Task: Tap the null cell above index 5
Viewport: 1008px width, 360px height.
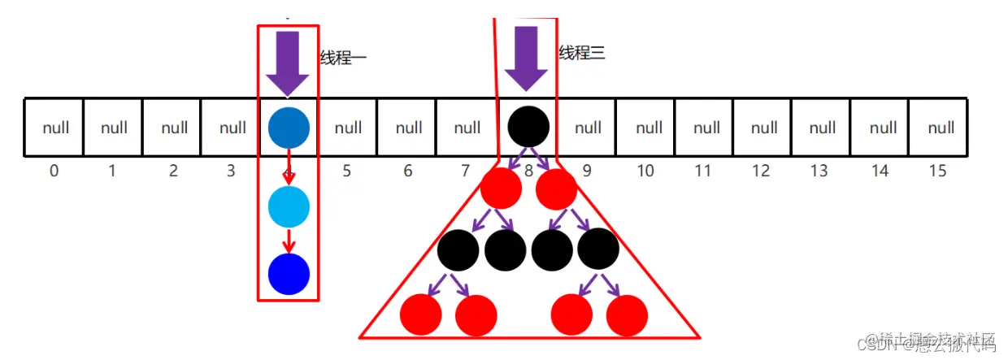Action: click(x=349, y=128)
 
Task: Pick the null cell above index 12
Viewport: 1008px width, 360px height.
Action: click(x=763, y=128)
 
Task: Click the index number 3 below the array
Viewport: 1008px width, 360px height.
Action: click(x=231, y=171)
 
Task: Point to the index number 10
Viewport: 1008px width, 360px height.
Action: click(x=645, y=171)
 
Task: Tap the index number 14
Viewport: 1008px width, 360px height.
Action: click(x=880, y=171)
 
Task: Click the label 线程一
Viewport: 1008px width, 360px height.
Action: click(x=343, y=59)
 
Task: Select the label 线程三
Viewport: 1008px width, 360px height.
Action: click(x=582, y=54)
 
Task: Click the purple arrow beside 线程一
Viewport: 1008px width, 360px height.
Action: click(x=288, y=63)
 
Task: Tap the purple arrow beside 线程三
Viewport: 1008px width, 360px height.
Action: click(x=526, y=59)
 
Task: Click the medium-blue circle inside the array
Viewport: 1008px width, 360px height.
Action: click(x=289, y=128)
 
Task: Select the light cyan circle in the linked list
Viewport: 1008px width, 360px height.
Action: click(x=289, y=206)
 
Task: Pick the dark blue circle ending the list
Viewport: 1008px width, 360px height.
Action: click(x=289, y=274)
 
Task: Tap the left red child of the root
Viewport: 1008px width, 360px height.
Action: click(x=501, y=189)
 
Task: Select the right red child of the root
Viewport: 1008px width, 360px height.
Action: click(x=557, y=189)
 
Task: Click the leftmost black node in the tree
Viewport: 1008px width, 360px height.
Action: click(x=458, y=249)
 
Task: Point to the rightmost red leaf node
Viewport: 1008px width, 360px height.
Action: click(x=627, y=315)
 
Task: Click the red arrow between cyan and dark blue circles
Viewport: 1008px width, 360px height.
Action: click(x=289, y=241)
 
